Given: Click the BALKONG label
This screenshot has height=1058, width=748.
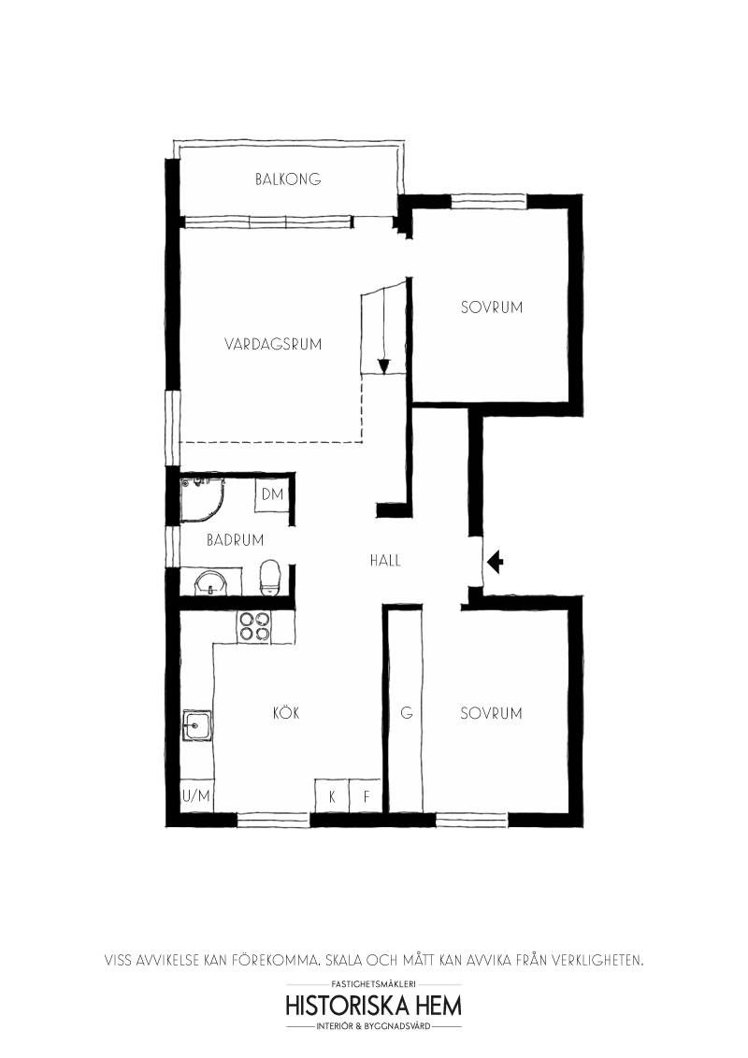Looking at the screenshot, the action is coord(288,179).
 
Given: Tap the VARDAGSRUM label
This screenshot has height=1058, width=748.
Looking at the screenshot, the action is coord(273,344).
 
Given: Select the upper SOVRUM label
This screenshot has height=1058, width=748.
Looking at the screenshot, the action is coord(492,307).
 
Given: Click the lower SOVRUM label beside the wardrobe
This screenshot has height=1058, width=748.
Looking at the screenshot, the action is coord(491,713).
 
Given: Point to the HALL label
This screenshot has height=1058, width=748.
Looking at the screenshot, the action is coord(385,560).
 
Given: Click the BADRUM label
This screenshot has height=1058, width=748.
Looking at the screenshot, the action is coord(235,540).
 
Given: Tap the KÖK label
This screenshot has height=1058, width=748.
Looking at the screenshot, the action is coord(286,712).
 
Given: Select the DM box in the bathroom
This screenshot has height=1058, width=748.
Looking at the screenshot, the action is coord(272,494).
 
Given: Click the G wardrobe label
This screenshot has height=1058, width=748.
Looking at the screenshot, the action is coord(407,712).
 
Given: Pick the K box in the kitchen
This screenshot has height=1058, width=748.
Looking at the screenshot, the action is coord(332,796).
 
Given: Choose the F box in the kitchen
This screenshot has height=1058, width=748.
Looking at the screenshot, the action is coord(366,796).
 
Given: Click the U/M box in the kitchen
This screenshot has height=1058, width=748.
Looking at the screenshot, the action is coord(196,796).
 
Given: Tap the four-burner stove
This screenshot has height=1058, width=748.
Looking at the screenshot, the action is coord(253,626).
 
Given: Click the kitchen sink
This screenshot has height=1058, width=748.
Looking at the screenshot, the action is coord(196,726).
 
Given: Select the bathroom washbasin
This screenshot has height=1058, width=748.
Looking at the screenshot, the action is coord(210,583).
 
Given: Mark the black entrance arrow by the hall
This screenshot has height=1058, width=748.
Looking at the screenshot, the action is coord(495,562).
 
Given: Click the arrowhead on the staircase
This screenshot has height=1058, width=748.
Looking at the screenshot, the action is coord(384,366).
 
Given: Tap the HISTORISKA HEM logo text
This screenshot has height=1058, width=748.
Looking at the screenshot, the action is coord(374,1006).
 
